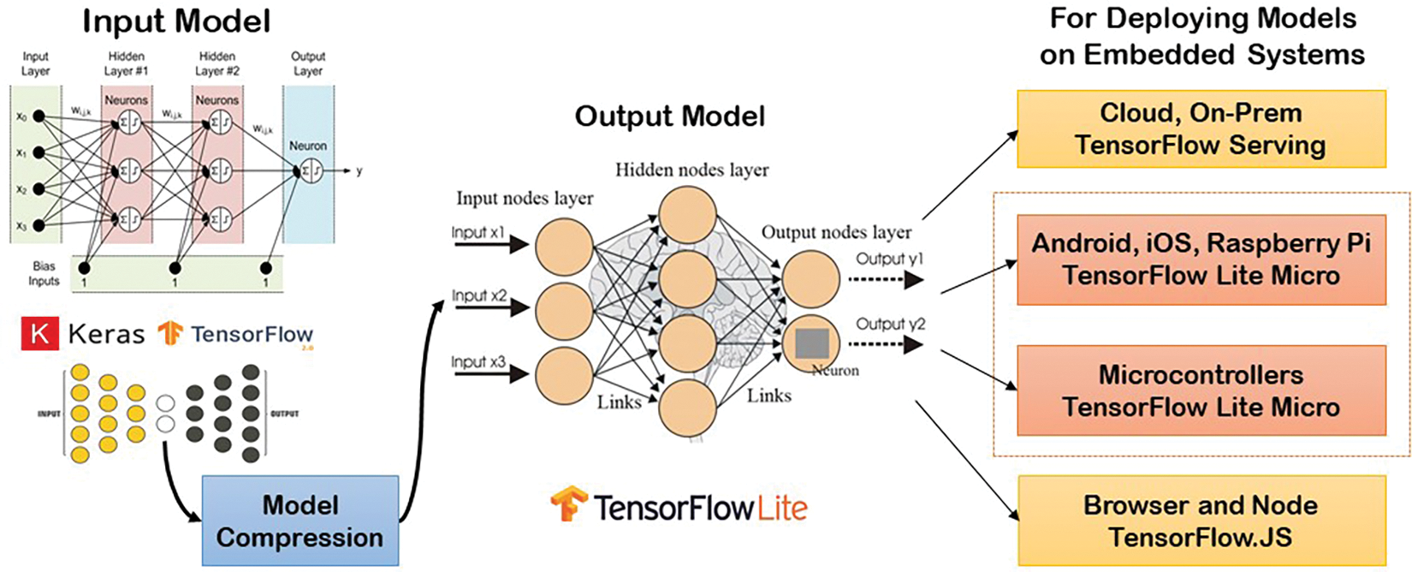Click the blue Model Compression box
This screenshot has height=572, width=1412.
(300, 521)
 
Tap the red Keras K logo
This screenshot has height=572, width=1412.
(39, 334)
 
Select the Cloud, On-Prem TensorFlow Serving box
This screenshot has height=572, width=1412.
(1201, 129)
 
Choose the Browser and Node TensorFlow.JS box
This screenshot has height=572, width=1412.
(1201, 521)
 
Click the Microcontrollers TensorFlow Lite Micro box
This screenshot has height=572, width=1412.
(1201, 390)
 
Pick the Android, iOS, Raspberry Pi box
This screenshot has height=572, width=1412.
(1201, 259)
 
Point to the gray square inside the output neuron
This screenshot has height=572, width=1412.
(811, 343)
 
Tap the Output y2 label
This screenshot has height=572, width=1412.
(890, 324)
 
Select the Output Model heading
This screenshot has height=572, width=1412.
(669, 116)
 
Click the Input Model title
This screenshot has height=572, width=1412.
(176, 21)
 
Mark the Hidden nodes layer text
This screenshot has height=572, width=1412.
(691, 170)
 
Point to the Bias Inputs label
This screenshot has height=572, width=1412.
(44, 273)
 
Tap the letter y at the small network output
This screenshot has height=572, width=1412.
(359, 171)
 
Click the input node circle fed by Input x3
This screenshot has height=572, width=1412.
(564, 375)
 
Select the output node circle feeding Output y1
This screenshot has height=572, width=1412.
(810, 279)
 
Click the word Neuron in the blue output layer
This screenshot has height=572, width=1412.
(307, 146)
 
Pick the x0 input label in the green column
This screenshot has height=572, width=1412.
(21, 116)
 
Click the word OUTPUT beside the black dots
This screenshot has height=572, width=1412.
(284, 414)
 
